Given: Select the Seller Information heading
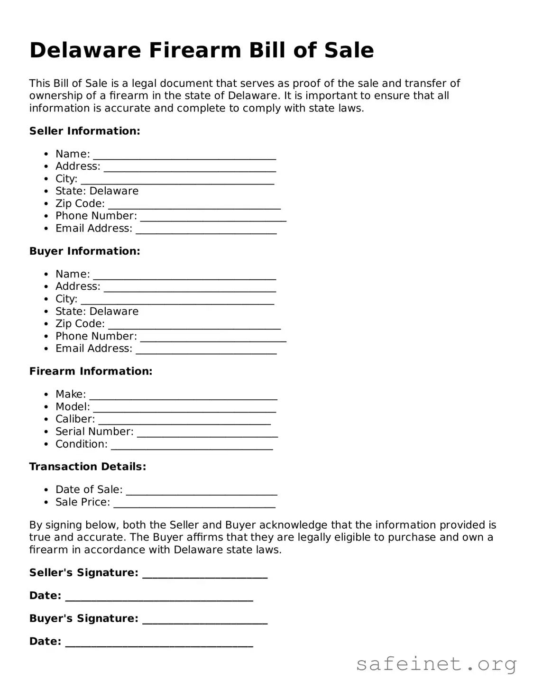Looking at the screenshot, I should (84, 131).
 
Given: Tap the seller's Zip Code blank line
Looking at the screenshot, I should (194, 205).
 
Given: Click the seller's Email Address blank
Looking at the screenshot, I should (206, 230).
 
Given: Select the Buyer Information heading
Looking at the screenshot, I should (84, 251).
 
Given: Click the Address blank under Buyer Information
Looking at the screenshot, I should (190, 288).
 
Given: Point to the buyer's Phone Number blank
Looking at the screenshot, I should (213, 338).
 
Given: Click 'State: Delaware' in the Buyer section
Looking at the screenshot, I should (97, 311).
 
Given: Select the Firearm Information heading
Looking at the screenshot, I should (91, 371).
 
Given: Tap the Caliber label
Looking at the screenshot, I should (75, 419).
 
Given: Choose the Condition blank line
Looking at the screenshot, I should (192, 446).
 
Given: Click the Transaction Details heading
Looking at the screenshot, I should (87, 467).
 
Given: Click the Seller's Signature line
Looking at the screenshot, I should (205, 575).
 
